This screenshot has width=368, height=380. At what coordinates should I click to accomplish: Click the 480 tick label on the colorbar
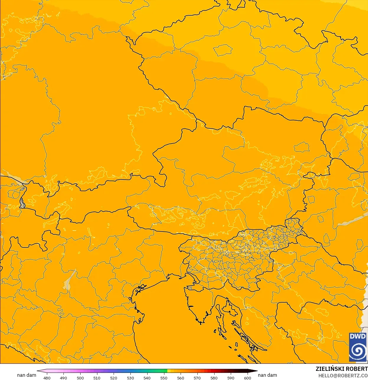coord(47,378)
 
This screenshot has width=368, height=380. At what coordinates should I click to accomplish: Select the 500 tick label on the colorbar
coord(80,378)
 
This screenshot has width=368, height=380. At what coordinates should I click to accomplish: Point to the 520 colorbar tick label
coord(114,378)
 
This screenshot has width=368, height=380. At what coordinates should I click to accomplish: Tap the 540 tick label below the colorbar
coord(147,378)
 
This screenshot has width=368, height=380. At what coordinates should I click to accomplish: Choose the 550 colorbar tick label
coord(164,378)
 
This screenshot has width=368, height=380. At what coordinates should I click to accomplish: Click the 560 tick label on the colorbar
coord(181,378)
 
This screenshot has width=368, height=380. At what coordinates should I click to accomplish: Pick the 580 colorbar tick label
coord(214,378)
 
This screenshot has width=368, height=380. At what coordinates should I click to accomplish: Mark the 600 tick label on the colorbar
coord(247,378)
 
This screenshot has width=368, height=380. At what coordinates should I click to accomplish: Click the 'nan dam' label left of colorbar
coord(27,375)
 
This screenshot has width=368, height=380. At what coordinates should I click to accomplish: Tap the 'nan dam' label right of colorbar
coord(267,375)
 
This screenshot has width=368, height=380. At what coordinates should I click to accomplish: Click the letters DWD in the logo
coord(358,337)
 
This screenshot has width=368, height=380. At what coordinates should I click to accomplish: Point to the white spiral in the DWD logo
coord(358,351)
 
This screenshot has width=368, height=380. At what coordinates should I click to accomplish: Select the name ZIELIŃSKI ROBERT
coord(341,369)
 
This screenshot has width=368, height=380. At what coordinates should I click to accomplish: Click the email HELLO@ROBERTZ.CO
coord(343,376)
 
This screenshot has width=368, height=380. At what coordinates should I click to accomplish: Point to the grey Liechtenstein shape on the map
coord(22,203)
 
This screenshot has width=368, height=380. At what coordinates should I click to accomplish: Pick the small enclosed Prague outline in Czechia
coord(223,50)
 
